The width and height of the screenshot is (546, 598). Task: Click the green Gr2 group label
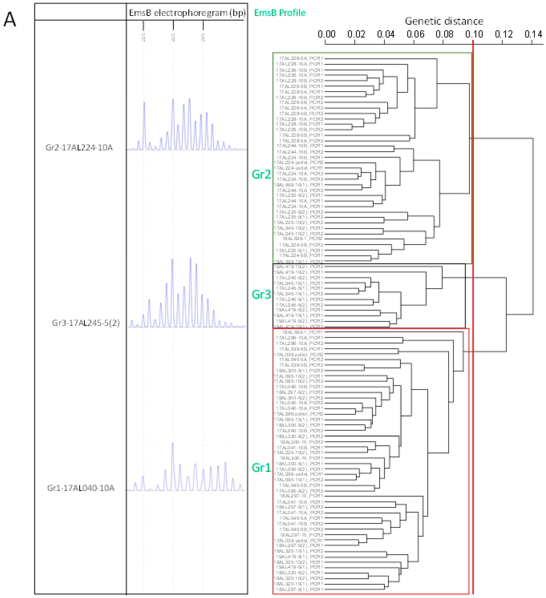[x=261, y=174]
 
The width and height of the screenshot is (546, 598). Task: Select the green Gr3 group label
[x=261, y=295]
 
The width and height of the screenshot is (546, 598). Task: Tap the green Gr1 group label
[x=261, y=468]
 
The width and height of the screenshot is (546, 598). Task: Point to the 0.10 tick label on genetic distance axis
[x=474, y=34]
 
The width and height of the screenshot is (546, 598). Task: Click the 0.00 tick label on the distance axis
[x=326, y=34]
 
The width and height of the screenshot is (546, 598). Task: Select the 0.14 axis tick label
[x=533, y=34]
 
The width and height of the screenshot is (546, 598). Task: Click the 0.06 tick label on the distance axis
[x=415, y=34]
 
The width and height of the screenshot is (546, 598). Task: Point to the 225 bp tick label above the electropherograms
[x=173, y=37]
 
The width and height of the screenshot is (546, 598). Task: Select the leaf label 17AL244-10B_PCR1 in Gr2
[x=300, y=146]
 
